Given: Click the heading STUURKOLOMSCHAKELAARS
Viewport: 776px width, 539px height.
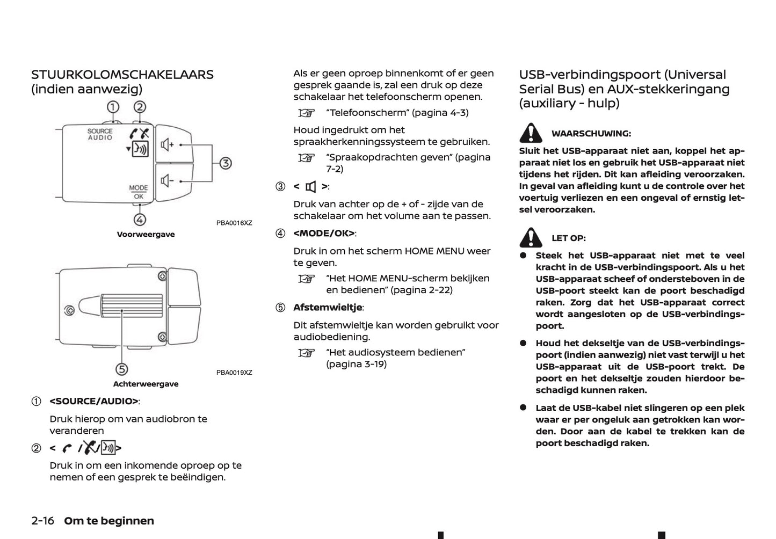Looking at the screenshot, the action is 122,75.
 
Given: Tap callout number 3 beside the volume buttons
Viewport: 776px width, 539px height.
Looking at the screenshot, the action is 226,163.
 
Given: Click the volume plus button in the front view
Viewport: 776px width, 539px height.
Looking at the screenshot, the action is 173,145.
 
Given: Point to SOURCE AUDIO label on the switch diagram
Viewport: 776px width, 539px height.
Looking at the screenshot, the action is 100,134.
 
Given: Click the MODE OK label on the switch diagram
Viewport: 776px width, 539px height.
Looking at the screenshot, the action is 138,192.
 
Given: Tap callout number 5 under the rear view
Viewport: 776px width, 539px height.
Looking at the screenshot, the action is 122,369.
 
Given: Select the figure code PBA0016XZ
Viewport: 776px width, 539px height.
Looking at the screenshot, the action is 234,223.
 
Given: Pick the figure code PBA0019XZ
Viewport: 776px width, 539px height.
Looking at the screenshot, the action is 234,373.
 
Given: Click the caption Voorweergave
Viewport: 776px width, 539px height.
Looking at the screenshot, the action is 146,235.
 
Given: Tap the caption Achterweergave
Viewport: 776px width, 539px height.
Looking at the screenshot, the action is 146,384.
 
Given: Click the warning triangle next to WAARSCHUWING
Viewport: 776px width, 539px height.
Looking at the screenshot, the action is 531,133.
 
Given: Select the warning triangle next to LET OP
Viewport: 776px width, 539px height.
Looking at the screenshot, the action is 531,237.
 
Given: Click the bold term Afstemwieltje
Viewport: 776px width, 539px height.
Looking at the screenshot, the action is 328,308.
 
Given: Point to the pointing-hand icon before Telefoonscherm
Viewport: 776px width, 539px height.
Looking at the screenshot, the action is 306,113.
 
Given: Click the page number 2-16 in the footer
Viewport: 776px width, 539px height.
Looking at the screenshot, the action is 43,521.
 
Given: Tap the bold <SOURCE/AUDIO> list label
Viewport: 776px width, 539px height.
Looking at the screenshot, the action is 94,401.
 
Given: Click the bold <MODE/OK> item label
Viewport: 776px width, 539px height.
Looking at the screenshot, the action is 324,233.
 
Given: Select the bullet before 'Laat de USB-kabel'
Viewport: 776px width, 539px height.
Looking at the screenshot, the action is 523,407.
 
